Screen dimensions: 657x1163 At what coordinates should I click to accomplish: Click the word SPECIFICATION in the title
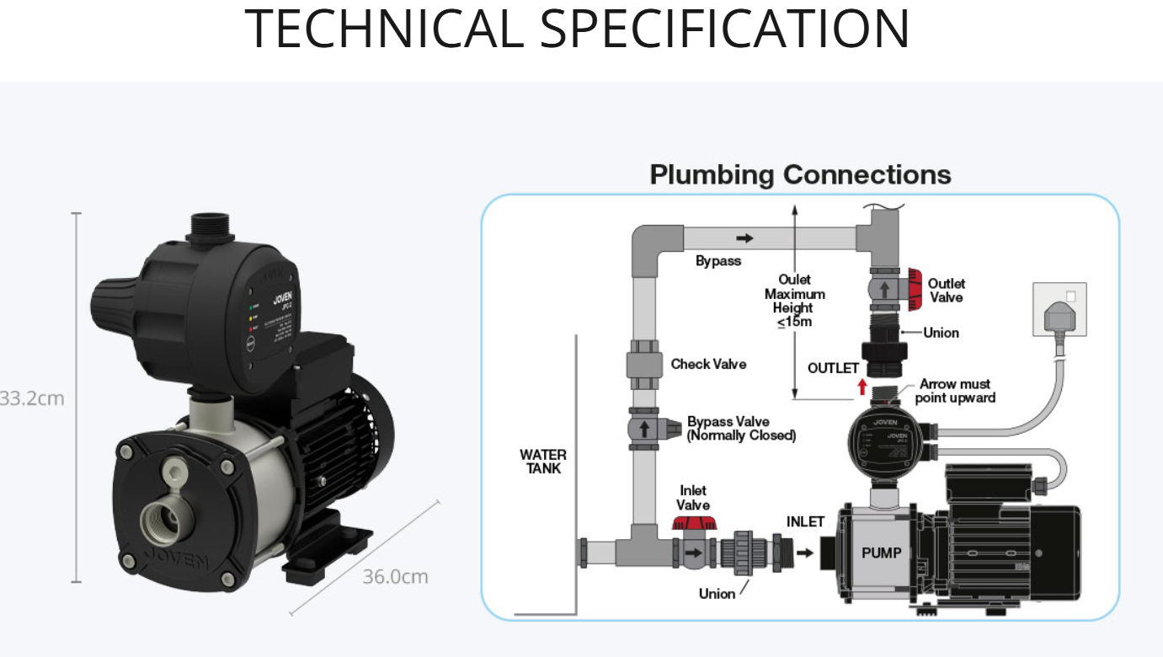tap(724, 29)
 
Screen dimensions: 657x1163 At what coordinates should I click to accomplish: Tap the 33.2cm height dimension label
tap(32, 398)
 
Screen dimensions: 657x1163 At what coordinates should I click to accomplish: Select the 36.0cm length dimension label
tap(395, 577)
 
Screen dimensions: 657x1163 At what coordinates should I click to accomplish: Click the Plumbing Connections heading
tap(800, 175)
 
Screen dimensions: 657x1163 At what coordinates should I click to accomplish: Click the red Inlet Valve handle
tap(693, 523)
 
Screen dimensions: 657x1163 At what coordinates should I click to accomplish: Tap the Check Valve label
tap(708, 364)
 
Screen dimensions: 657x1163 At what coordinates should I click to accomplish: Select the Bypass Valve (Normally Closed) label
tap(741, 428)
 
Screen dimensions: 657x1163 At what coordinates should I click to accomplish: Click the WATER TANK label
tap(543, 462)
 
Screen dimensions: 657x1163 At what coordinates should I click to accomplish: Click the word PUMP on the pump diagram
tap(881, 553)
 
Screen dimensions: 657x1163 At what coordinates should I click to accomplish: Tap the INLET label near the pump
tap(805, 521)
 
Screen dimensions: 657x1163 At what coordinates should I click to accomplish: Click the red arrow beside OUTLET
tap(862, 387)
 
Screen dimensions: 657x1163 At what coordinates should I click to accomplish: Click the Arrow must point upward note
tap(955, 391)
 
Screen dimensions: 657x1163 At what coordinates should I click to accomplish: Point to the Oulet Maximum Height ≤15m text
tap(794, 300)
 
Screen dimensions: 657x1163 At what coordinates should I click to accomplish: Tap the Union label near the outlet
tap(941, 333)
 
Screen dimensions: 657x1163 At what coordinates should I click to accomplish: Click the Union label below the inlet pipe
tap(717, 594)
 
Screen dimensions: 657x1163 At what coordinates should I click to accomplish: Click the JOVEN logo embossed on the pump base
tap(176, 560)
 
